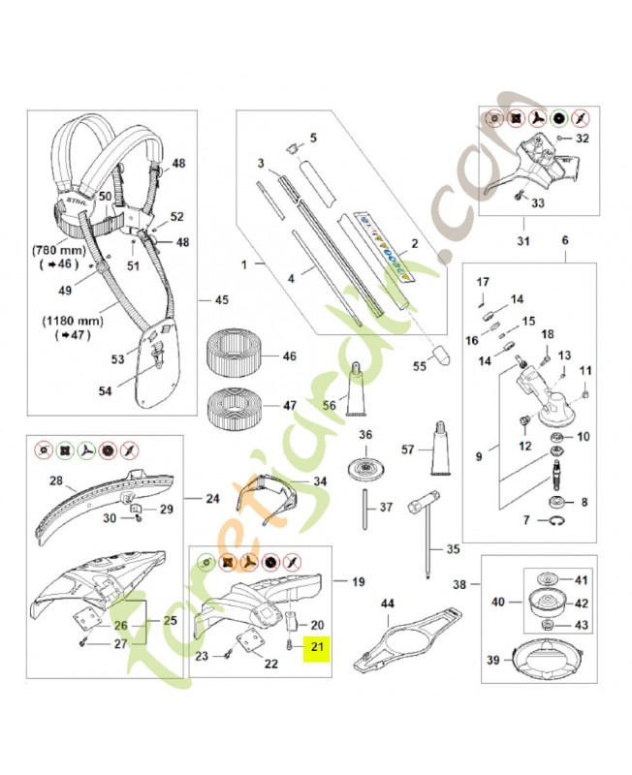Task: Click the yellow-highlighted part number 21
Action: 316,646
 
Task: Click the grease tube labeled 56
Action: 356,387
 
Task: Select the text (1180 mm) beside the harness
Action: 65,323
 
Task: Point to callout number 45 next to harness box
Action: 220,299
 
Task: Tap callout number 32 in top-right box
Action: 582,139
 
